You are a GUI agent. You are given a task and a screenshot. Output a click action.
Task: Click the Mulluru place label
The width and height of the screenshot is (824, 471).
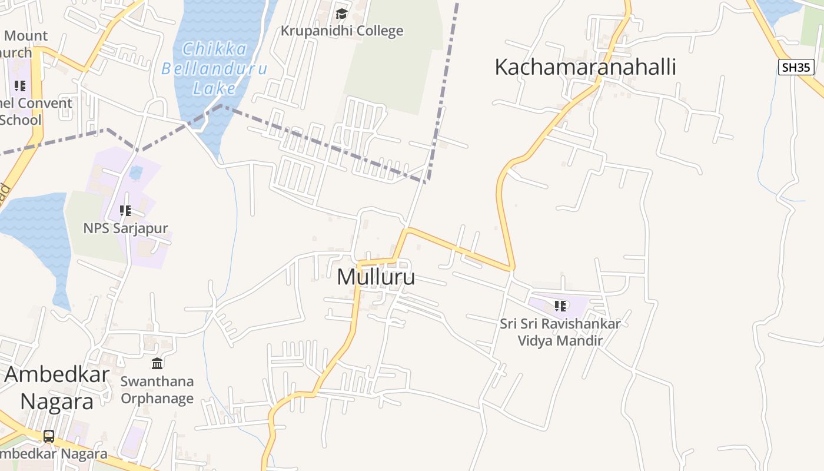coord(376,277)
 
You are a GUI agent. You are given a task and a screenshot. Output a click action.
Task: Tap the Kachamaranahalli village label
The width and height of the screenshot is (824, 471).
coord(584,67)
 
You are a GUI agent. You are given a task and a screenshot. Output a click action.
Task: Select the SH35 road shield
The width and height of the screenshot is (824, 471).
coord(796,67)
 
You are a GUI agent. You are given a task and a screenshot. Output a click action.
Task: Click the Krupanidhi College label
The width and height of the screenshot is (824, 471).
coord(341,31)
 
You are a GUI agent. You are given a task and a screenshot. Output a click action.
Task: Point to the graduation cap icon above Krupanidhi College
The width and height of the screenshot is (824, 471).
coord(341,13)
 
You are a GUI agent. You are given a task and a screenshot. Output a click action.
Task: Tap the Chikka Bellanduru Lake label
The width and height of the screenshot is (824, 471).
coord(214,68)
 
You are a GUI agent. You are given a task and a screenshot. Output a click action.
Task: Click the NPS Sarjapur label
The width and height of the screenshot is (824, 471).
coord(125,228)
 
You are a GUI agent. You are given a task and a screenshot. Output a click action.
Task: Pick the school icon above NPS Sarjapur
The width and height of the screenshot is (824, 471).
coord(125,211)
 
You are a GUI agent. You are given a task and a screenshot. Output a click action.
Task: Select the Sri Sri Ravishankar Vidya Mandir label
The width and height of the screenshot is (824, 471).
coord(560,332)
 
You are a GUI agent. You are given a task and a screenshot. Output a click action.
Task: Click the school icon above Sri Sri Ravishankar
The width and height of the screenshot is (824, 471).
coord(560,306)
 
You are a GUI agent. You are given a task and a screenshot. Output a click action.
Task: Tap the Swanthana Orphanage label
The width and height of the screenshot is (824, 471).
coord(157,390)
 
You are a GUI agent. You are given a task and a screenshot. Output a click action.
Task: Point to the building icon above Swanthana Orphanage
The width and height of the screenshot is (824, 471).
coord(157,363)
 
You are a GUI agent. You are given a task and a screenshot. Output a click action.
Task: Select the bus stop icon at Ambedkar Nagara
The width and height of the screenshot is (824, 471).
coord(49,436)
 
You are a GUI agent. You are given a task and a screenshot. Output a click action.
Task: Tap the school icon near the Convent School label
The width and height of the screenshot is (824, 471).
coord(21,86)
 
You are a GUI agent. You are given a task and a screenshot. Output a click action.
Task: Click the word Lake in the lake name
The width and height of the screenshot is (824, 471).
coord(215,89)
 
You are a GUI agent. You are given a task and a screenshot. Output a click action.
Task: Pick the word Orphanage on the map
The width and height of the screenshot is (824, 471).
coord(157,399)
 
